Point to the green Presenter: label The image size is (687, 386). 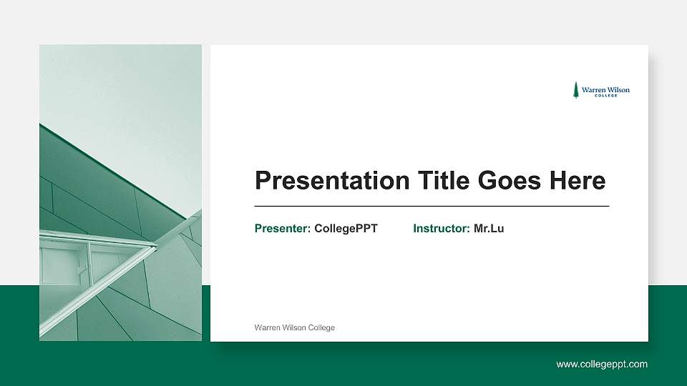click(x=283, y=229)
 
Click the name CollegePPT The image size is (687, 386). click(x=346, y=229)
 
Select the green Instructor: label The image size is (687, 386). click(x=442, y=229)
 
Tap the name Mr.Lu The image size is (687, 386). click(x=489, y=229)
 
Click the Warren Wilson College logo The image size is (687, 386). click(x=601, y=90)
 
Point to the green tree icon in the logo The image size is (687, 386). click(x=575, y=89)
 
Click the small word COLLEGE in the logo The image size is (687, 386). click(x=605, y=96)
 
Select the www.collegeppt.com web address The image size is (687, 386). click(x=602, y=365)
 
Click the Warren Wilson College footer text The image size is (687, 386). click(x=294, y=327)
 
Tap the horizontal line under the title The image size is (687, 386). click(x=432, y=206)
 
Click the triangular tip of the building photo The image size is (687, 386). click(x=152, y=247)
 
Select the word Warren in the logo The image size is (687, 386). click(x=593, y=90)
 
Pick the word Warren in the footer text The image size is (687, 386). click(x=267, y=327)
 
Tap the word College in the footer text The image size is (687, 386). click(x=321, y=327)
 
